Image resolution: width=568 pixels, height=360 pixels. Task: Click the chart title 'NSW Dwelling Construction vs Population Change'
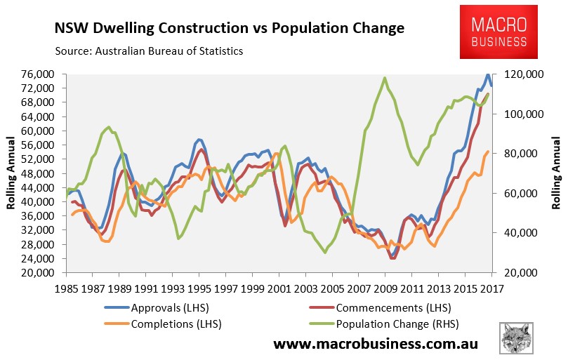tap(229, 28)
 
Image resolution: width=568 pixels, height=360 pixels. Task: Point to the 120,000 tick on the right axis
tap(516, 74)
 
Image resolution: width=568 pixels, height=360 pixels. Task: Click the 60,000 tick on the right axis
tap(516, 193)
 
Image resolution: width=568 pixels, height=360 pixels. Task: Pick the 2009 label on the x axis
tap(385, 286)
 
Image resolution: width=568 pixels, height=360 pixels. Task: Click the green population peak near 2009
tap(385, 78)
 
